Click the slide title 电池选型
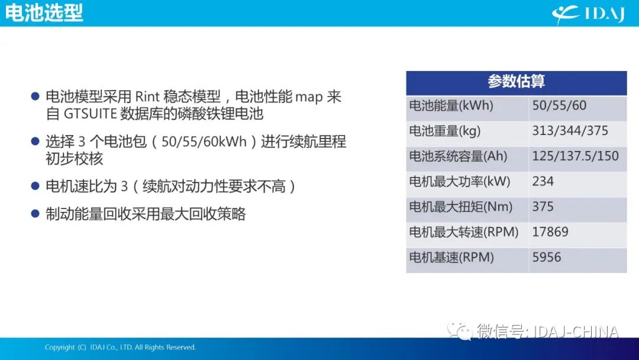[44, 13]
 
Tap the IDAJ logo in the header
[588, 14]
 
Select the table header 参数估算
[516, 82]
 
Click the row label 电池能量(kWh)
[451, 105]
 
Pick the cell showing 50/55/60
[559, 105]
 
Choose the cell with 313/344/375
[570, 131]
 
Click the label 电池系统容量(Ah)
[458, 156]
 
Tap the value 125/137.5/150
[576, 156]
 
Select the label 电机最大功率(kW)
[460, 181]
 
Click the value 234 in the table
[543, 181]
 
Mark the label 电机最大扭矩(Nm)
[460, 207]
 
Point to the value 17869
[550, 232]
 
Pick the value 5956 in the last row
[547, 257]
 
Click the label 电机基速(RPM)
[451, 257]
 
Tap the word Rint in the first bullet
[147, 97]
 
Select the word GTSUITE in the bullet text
[91, 114]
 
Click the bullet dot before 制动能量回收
[35, 214]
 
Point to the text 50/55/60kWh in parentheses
[204, 142]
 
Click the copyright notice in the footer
[120, 348]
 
